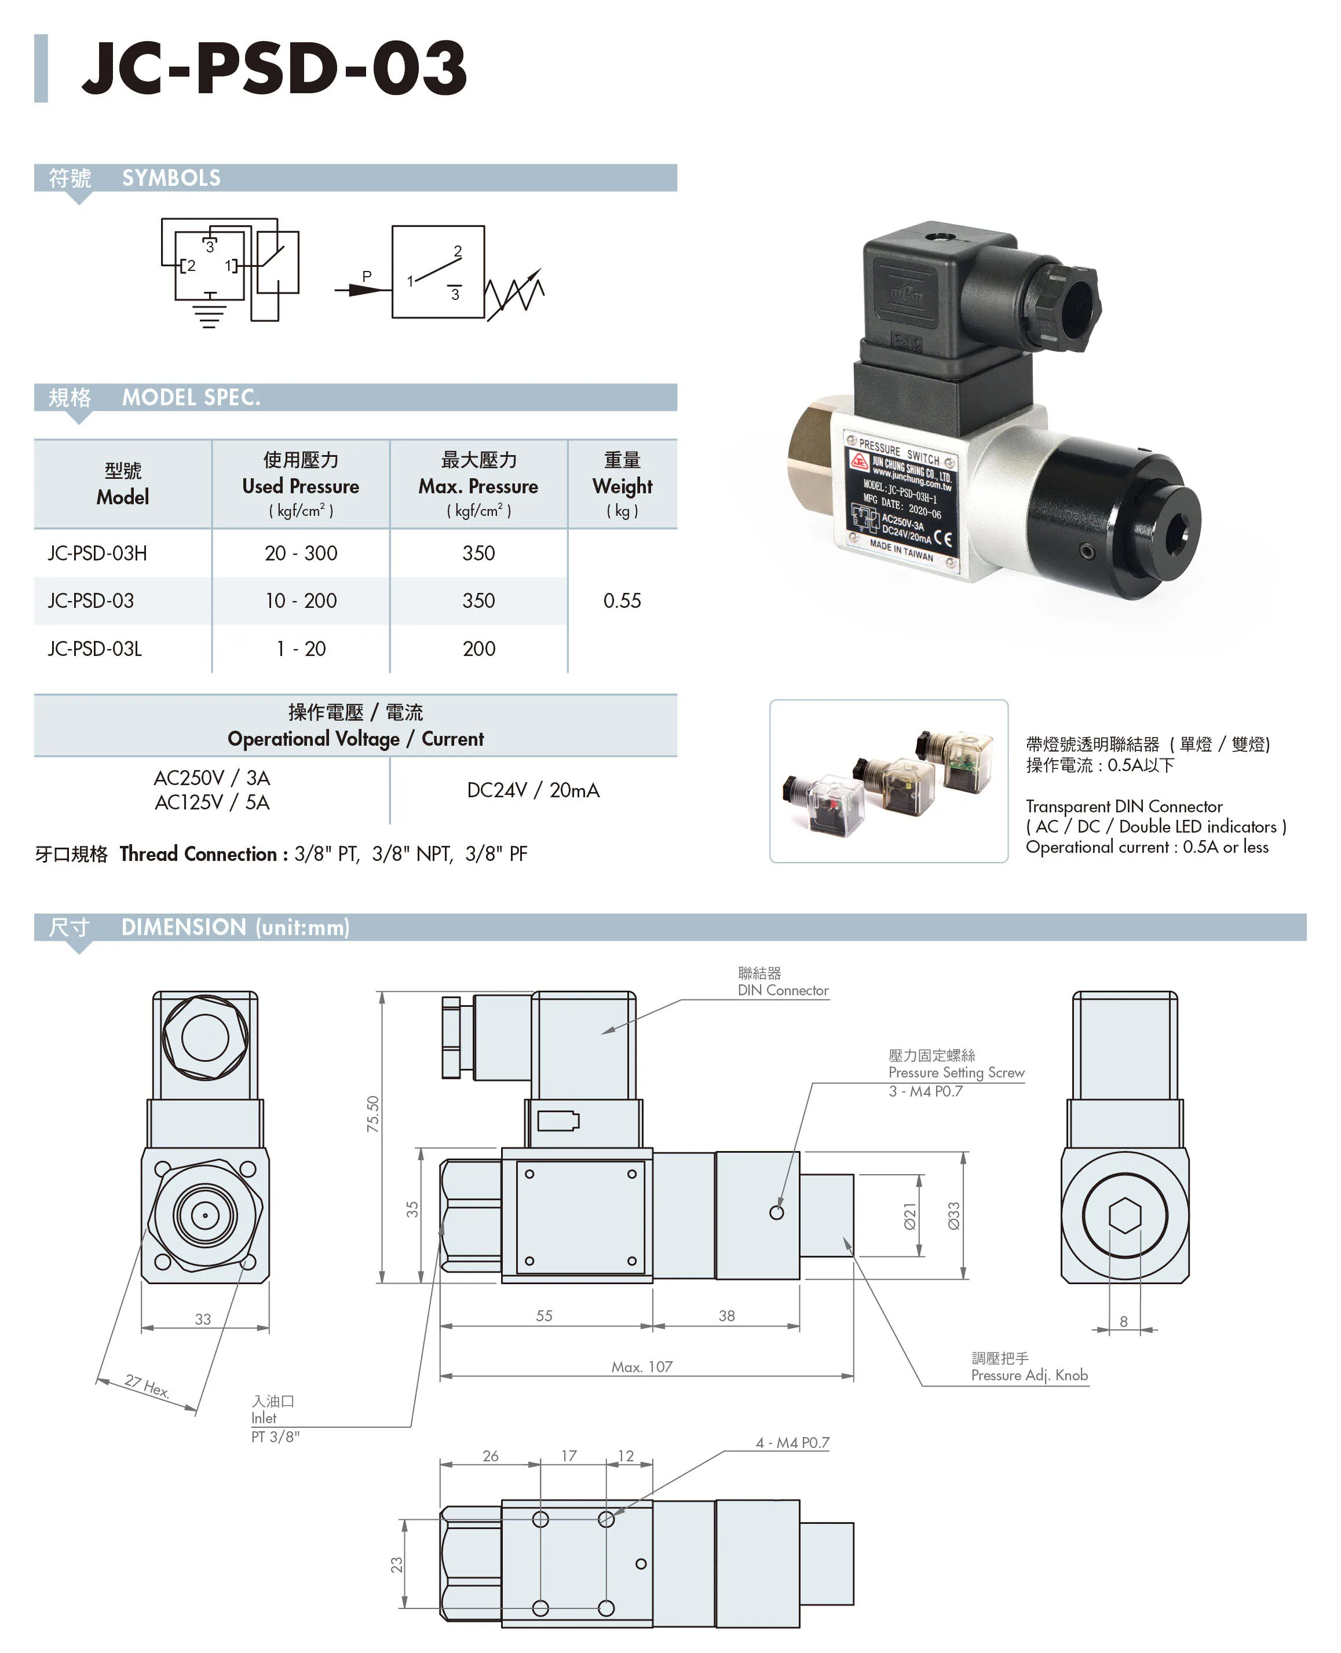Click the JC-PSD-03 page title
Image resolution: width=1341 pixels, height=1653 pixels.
(x=274, y=68)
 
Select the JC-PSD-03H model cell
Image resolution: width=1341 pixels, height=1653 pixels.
(x=97, y=553)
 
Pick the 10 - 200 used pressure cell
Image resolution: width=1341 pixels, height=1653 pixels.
(x=301, y=600)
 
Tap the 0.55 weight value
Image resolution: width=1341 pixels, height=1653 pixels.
(x=622, y=600)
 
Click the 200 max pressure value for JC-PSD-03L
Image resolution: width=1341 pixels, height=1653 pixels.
(x=479, y=648)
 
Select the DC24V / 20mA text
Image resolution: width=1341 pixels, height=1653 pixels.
(x=533, y=790)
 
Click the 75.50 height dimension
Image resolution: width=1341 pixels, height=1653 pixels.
(x=373, y=1114)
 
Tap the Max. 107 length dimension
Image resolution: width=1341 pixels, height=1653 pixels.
(x=642, y=1366)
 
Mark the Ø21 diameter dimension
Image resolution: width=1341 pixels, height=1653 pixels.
(x=910, y=1215)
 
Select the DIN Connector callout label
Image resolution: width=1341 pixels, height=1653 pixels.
(x=783, y=990)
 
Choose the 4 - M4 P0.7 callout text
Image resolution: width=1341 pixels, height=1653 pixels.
(x=792, y=1442)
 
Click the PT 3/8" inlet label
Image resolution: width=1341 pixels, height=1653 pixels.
(x=275, y=1436)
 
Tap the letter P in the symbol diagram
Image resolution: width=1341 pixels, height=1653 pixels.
(x=367, y=276)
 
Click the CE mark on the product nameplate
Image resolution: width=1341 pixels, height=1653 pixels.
(x=942, y=538)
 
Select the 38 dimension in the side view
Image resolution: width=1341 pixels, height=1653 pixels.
(x=726, y=1315)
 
